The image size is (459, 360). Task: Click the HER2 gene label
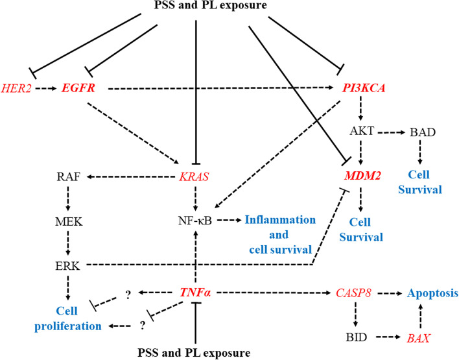point(17,86)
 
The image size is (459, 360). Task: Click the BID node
point(355,337)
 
